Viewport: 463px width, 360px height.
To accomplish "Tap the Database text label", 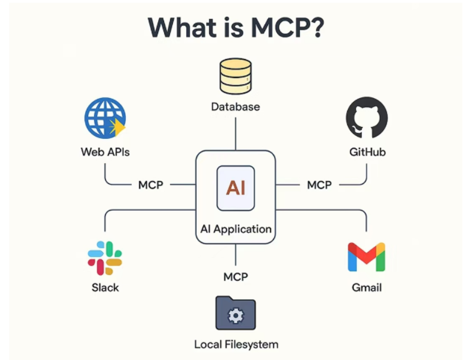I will pos(236,107).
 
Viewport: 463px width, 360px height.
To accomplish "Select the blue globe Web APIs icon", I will pos(105,118).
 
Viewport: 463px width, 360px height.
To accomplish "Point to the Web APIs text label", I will pos(105,152).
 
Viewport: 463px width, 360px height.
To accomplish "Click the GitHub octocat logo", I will pos(367,118).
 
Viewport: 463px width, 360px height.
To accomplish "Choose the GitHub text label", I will pos(367,152).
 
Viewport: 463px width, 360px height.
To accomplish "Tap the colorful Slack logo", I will pos(105,258).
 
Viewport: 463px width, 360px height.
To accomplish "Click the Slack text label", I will pos(105,288).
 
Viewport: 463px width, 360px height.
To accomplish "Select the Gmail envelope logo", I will pos(366,258).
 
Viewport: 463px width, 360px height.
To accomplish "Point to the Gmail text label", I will pos(366,288).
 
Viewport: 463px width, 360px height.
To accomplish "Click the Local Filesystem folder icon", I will pos(236,313).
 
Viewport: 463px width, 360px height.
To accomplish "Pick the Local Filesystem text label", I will pos(236,344).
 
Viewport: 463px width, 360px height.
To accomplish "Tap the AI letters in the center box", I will pos(236,188).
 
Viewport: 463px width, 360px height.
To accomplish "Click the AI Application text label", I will pos(236,229).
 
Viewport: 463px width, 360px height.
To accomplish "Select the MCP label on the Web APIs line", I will pos(151,185).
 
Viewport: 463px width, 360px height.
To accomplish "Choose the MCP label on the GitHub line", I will pos(319,185).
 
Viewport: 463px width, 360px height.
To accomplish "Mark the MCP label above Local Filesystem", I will pos(236,277).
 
